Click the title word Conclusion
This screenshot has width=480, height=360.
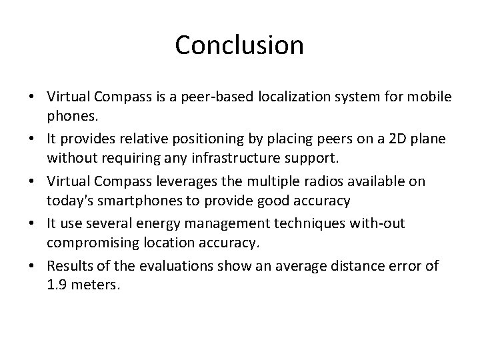(x=239, y=45)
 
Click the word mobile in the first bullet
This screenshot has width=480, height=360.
(x=432, y=97)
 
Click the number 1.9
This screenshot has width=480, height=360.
(x=56, y=284)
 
